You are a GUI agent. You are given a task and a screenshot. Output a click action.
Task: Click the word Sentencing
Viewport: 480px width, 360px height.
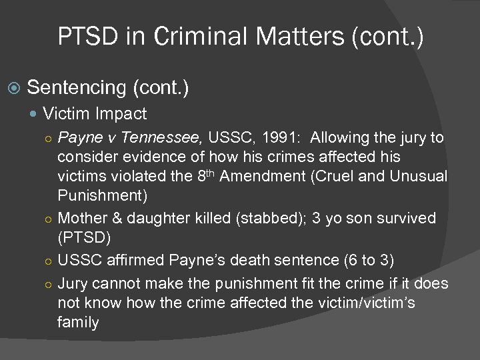tap(78, 87)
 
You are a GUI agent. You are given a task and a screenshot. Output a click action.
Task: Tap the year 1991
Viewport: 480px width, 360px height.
tap(281, 138)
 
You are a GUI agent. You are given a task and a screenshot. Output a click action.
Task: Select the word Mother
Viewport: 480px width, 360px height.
tap(82, 218)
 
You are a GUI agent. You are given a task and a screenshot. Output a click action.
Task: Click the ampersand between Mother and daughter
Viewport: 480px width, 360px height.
tap(115, 218)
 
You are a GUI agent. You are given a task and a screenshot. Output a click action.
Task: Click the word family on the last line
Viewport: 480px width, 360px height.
tap(78, 323)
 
